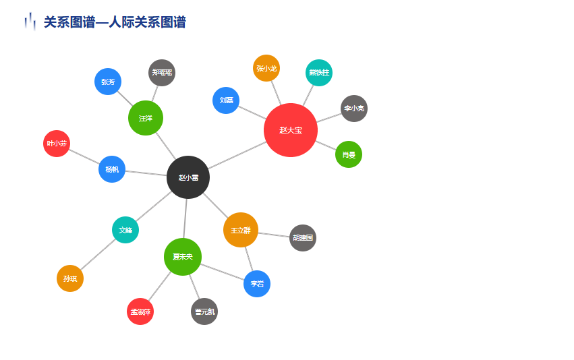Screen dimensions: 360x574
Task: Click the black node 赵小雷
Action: point(188,177)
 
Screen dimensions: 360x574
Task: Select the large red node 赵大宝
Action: point(291,130)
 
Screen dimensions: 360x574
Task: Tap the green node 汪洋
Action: point(146,118)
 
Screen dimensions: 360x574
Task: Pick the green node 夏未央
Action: point(183,257)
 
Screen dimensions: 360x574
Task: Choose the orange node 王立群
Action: point(241,230)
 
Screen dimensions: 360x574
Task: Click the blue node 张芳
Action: point(108,82)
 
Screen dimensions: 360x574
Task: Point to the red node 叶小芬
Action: point(57,144)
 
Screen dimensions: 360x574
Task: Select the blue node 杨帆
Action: point(112,169)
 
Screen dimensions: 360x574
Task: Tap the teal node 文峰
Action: point(125,230)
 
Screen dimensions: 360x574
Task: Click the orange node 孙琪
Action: point(70,278)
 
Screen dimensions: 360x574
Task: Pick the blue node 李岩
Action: point(257,284)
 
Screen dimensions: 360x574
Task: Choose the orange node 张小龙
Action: point(266,68)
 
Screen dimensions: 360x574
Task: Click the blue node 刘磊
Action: point(226,100)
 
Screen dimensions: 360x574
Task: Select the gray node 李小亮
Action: point(354,109)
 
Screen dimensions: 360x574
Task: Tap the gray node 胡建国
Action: point(303,238)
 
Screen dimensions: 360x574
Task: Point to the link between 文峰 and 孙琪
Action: point(98,254)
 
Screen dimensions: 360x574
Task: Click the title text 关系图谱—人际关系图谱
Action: point(115,22)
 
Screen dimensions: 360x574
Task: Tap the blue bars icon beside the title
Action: point(30,22)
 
